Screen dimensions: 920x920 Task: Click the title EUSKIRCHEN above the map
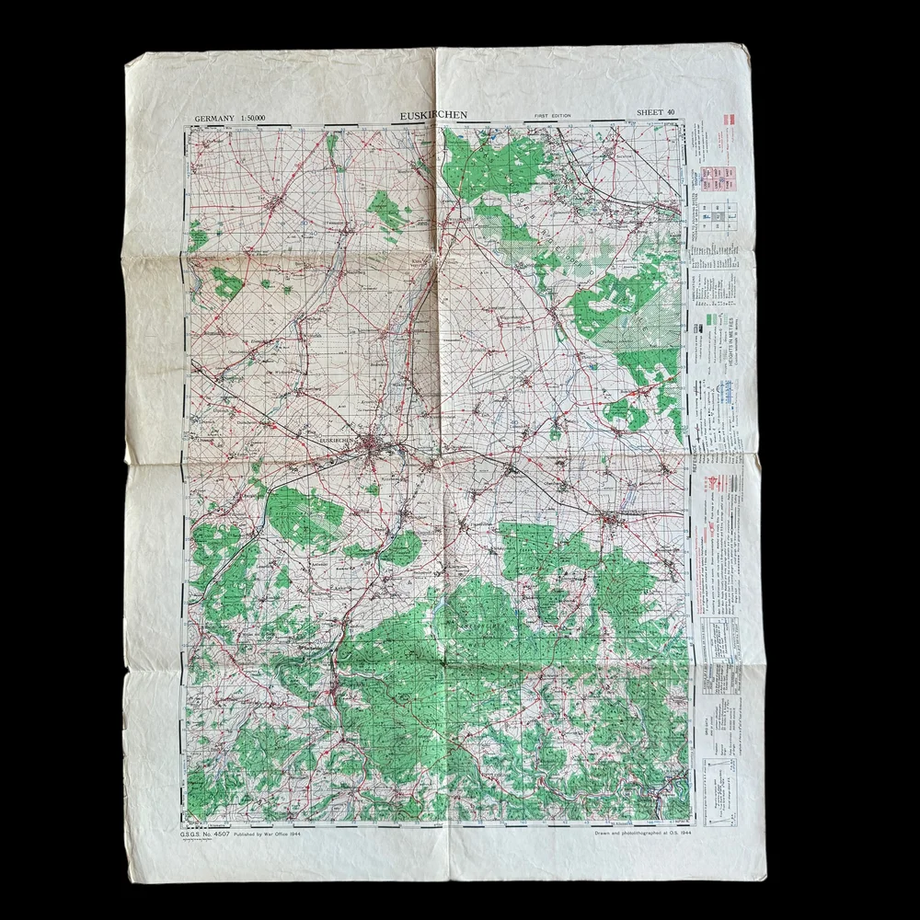pos(433,115)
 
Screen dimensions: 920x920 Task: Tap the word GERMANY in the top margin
pos(213,118)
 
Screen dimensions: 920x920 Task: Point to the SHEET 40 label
pos(655,112)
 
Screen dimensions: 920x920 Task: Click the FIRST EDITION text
pos(552,116)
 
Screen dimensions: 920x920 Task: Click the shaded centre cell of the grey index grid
pos(714,215)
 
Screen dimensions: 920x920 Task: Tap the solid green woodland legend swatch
pos(711,318)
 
